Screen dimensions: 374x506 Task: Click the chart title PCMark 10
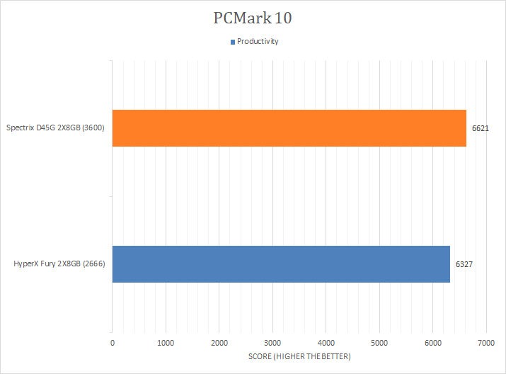pyautogui.click(x=253, y=18)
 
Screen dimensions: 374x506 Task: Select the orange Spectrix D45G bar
pyautogui.click(x=289, y=128)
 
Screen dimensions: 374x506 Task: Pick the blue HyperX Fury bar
pyautogui.click(x=281, y=264)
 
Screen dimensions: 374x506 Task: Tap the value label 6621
pyautogui.click(x=481, y=129)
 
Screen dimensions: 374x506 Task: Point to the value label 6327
pyautogui.click(x=464, y=264)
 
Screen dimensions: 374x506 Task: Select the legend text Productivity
pyautogui.click(x=258, y=41)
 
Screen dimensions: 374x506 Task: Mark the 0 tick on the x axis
pyautogui.click(x=113, y=344)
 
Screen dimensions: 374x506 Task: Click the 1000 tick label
pyautogui.click(x=166, y=344)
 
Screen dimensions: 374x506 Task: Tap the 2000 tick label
pyautogui.click(x=219, y=344)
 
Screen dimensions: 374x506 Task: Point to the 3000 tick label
pyautogui.click(x=272, y=344)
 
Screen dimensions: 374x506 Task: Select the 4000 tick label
pyautogui.click(x=326, y=344)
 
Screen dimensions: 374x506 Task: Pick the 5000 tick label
pyautogui.click(x=379, y=344)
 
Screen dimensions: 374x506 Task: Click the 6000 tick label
pyautogui.click(x=432, y=344)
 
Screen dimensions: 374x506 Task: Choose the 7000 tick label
pyautogui.click(x=485, y=344)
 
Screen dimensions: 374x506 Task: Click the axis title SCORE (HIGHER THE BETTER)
pyautogui.click(x=299, y=356)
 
